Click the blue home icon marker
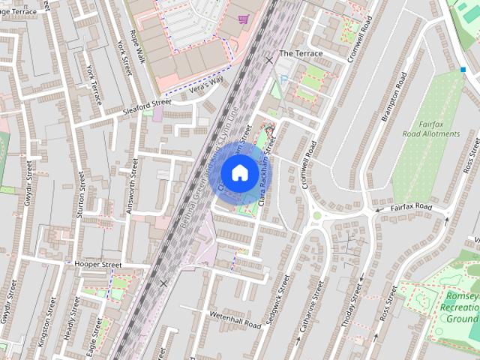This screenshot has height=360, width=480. (239, 173)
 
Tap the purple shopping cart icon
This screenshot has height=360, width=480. (243, 19)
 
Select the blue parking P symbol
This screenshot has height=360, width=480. (283, 79)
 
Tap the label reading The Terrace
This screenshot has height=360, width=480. (301, 54)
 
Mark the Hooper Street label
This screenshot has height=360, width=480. (97, 265)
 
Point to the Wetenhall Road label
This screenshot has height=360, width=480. (235, 319)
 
